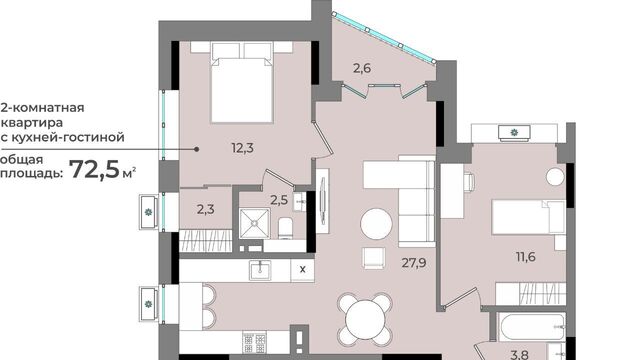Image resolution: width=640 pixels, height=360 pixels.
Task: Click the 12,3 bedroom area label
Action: pyautogui.click(x=242, y=148)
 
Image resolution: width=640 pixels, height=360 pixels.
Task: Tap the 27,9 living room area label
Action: pyautogui.click(x=414, y=263)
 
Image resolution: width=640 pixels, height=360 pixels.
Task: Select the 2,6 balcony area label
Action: pyautogui.click(x=362, y=68)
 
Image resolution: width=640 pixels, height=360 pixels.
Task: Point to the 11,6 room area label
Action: pyautogui.click(x=526, y=257)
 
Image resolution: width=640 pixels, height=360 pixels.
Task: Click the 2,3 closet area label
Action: pyautogui.click(x=206, y=209)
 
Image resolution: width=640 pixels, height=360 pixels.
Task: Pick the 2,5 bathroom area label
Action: pyautogui.click(x=279, y=200)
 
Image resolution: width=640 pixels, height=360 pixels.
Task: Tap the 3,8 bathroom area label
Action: pyautogui.click(x=520, y=355)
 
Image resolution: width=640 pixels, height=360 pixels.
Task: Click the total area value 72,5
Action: pyautogui.click(x=95, y=169)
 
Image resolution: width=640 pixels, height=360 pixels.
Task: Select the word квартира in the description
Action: pyautogui.click(x=32, y=122)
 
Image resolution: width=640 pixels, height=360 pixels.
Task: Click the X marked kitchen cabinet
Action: pyautogui.click(x=302, y=269)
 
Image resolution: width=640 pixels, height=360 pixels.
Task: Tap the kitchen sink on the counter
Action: pyautogui.click(x=260, y=270)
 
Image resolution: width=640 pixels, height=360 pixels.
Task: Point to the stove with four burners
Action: pyautogui.click(x=255, y=342)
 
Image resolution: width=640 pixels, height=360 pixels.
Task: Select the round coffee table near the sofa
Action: pyautogui.click(x=376, y=224)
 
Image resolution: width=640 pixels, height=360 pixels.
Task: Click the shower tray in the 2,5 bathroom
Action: pyautogui.click(x=255, y=223)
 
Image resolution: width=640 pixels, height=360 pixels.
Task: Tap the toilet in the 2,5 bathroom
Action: pyautogui.click(x=285, y=228)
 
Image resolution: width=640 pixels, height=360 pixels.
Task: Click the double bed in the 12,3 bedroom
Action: pyautogui.click(x=242, y=83)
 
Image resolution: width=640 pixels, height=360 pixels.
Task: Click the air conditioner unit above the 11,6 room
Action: pyautogui.click(x=514, y=133)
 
